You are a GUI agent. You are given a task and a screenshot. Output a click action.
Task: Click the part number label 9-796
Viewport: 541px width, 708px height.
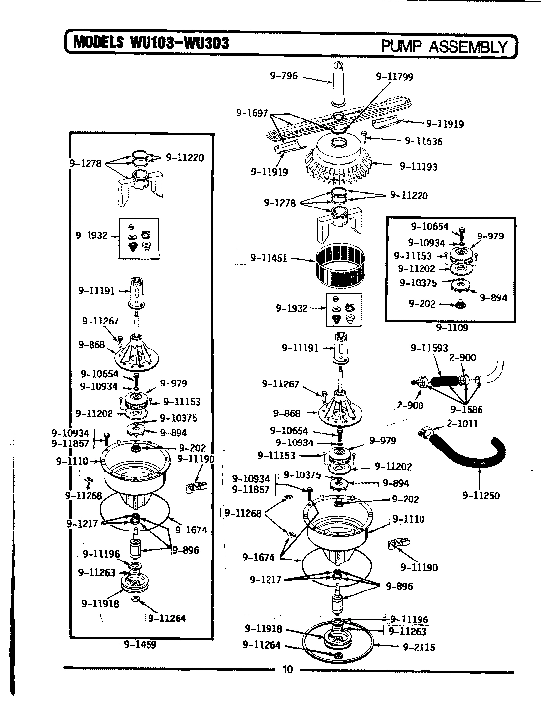[x=284, y=76]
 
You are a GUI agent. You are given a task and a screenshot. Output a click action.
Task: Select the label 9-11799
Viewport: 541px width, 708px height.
[x=394, y=76]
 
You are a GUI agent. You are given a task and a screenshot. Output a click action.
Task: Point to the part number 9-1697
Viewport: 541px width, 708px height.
[x=251, y=113]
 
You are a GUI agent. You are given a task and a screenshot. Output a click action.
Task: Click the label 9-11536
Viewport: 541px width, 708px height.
[x=423, y=141]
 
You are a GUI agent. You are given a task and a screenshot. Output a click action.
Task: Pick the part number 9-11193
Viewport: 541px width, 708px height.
[x=419, y=167]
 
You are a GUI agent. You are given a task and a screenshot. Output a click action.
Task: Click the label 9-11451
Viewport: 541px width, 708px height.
[x=269, y=258]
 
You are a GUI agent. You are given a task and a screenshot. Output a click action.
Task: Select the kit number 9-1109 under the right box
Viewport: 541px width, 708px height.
[x=451, y=327]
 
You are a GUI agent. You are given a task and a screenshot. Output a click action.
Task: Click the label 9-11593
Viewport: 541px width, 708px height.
[x=429, y=348]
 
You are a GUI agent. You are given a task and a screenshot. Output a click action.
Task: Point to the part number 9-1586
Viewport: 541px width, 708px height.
[x=466, y=409]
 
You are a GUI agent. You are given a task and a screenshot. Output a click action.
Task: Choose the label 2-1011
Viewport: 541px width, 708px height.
[x=462, y=423]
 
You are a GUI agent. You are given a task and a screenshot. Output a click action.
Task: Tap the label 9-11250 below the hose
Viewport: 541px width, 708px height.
[x=481, y=495]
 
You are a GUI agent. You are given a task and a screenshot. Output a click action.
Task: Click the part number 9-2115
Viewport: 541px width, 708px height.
[x=419, y=647]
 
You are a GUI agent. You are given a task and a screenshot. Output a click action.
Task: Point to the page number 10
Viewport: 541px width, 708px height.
[x=288, y=669]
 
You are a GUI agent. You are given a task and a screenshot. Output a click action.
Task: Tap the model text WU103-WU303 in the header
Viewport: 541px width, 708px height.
[x=179, y=43]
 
